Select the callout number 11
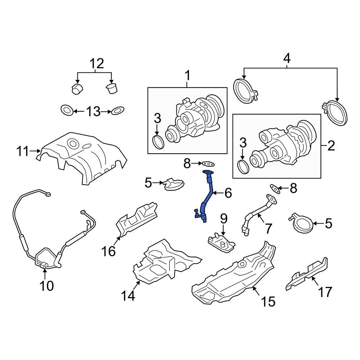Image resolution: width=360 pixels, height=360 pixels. (x=23, y=151)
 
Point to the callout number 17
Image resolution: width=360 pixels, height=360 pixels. (x=325, y=292)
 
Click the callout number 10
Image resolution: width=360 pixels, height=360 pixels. (x=46, y=286)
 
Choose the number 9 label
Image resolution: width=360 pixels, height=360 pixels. (x=224, y=219)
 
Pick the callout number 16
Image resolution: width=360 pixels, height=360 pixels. (x=109, y=251)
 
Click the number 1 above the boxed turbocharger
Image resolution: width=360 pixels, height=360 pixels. (x=188, y=76)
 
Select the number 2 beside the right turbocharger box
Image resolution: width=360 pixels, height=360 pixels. (x=331, y=145)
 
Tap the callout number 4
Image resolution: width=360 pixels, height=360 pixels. (x=287, y=58)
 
